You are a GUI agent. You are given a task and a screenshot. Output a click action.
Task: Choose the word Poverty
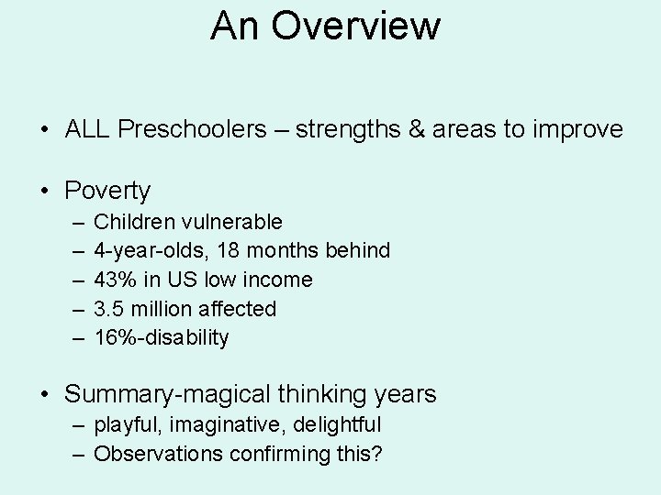coord(107,191)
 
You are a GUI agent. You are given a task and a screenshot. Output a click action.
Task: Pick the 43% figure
coord(114,280)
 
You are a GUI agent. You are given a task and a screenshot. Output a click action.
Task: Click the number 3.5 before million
coord(110,309)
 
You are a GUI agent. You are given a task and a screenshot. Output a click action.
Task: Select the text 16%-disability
coord(162,338)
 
